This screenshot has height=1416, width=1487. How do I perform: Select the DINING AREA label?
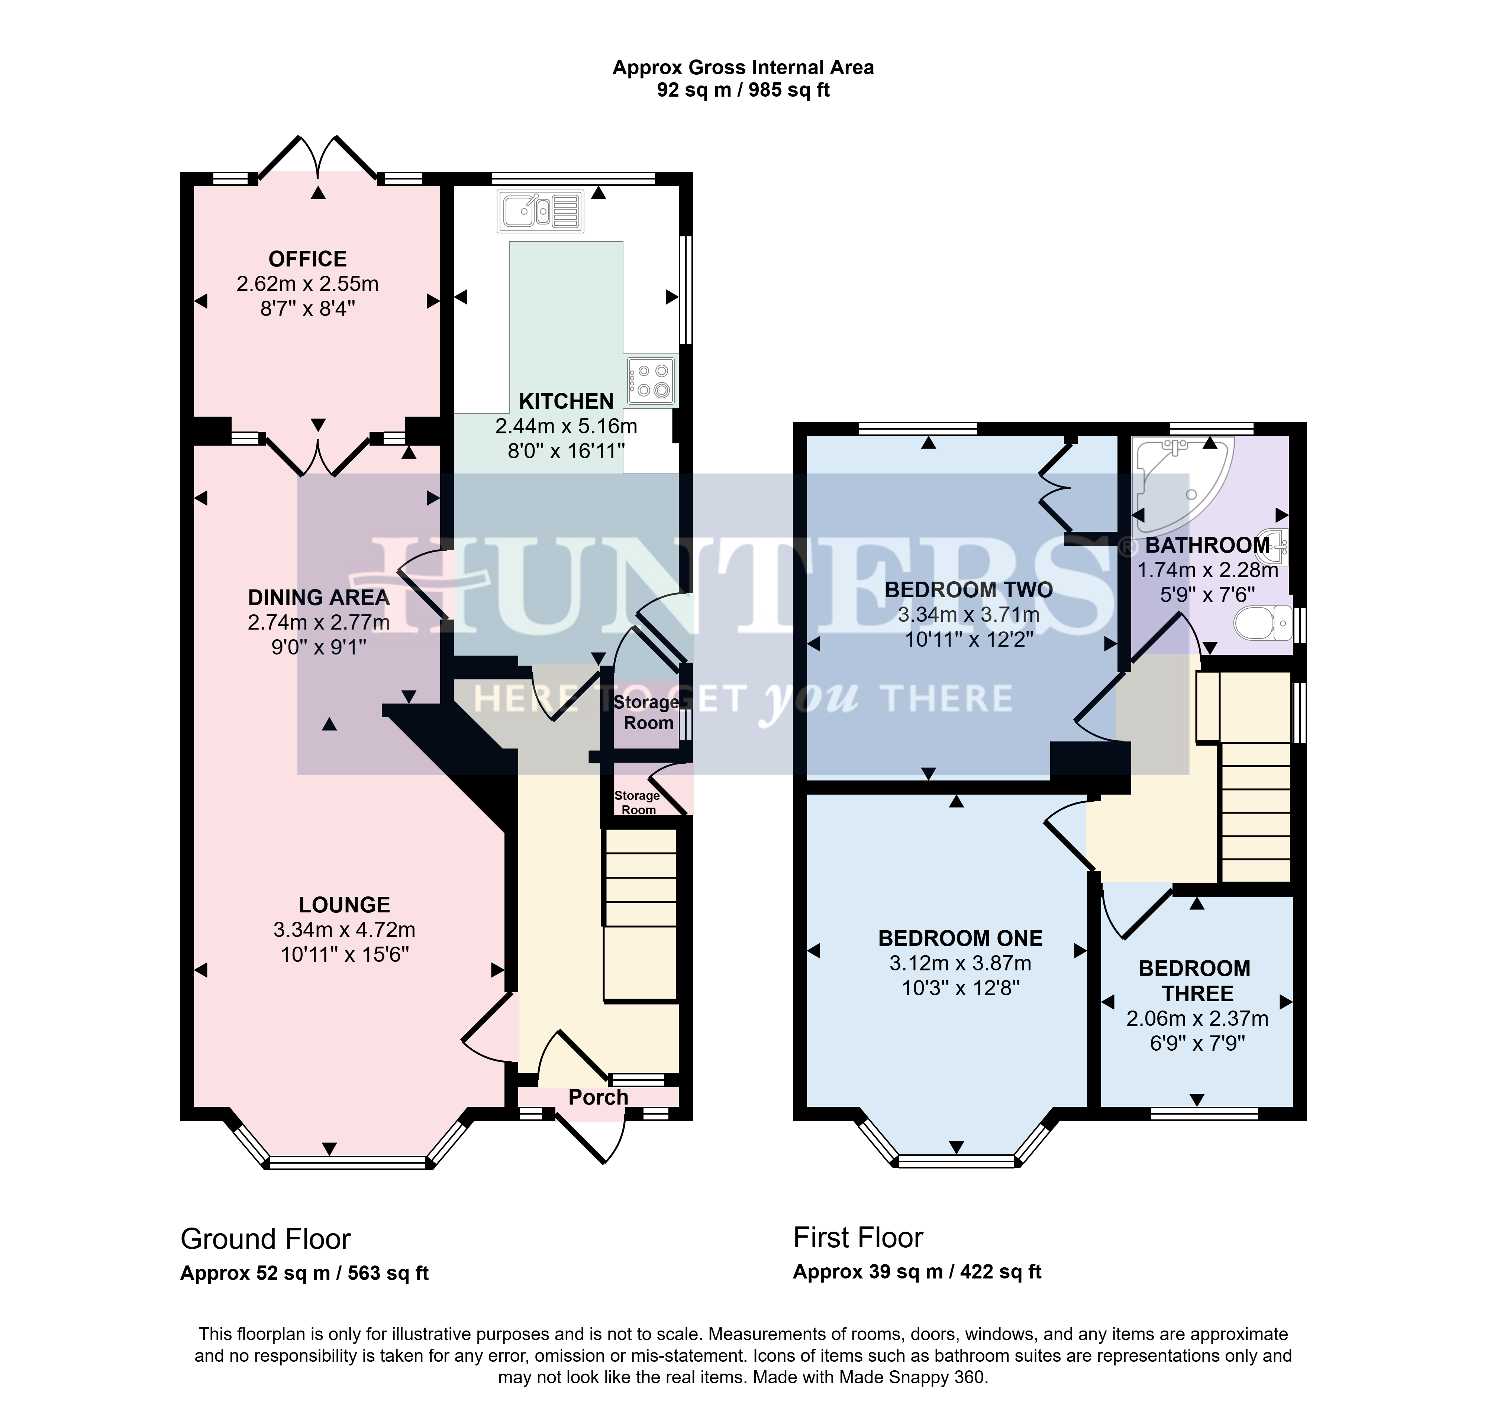click(319, 598)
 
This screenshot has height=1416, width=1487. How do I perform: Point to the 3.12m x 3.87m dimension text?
click(960, 963)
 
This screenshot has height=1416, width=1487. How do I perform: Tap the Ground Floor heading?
click(266, 1239)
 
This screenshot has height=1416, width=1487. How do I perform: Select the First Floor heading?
click(858, 1237)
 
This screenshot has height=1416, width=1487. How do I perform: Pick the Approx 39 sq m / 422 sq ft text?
click(917, 1272)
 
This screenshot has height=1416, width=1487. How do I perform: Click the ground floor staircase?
click(640, 916)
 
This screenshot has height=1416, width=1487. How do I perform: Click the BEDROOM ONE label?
click(960, 938)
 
